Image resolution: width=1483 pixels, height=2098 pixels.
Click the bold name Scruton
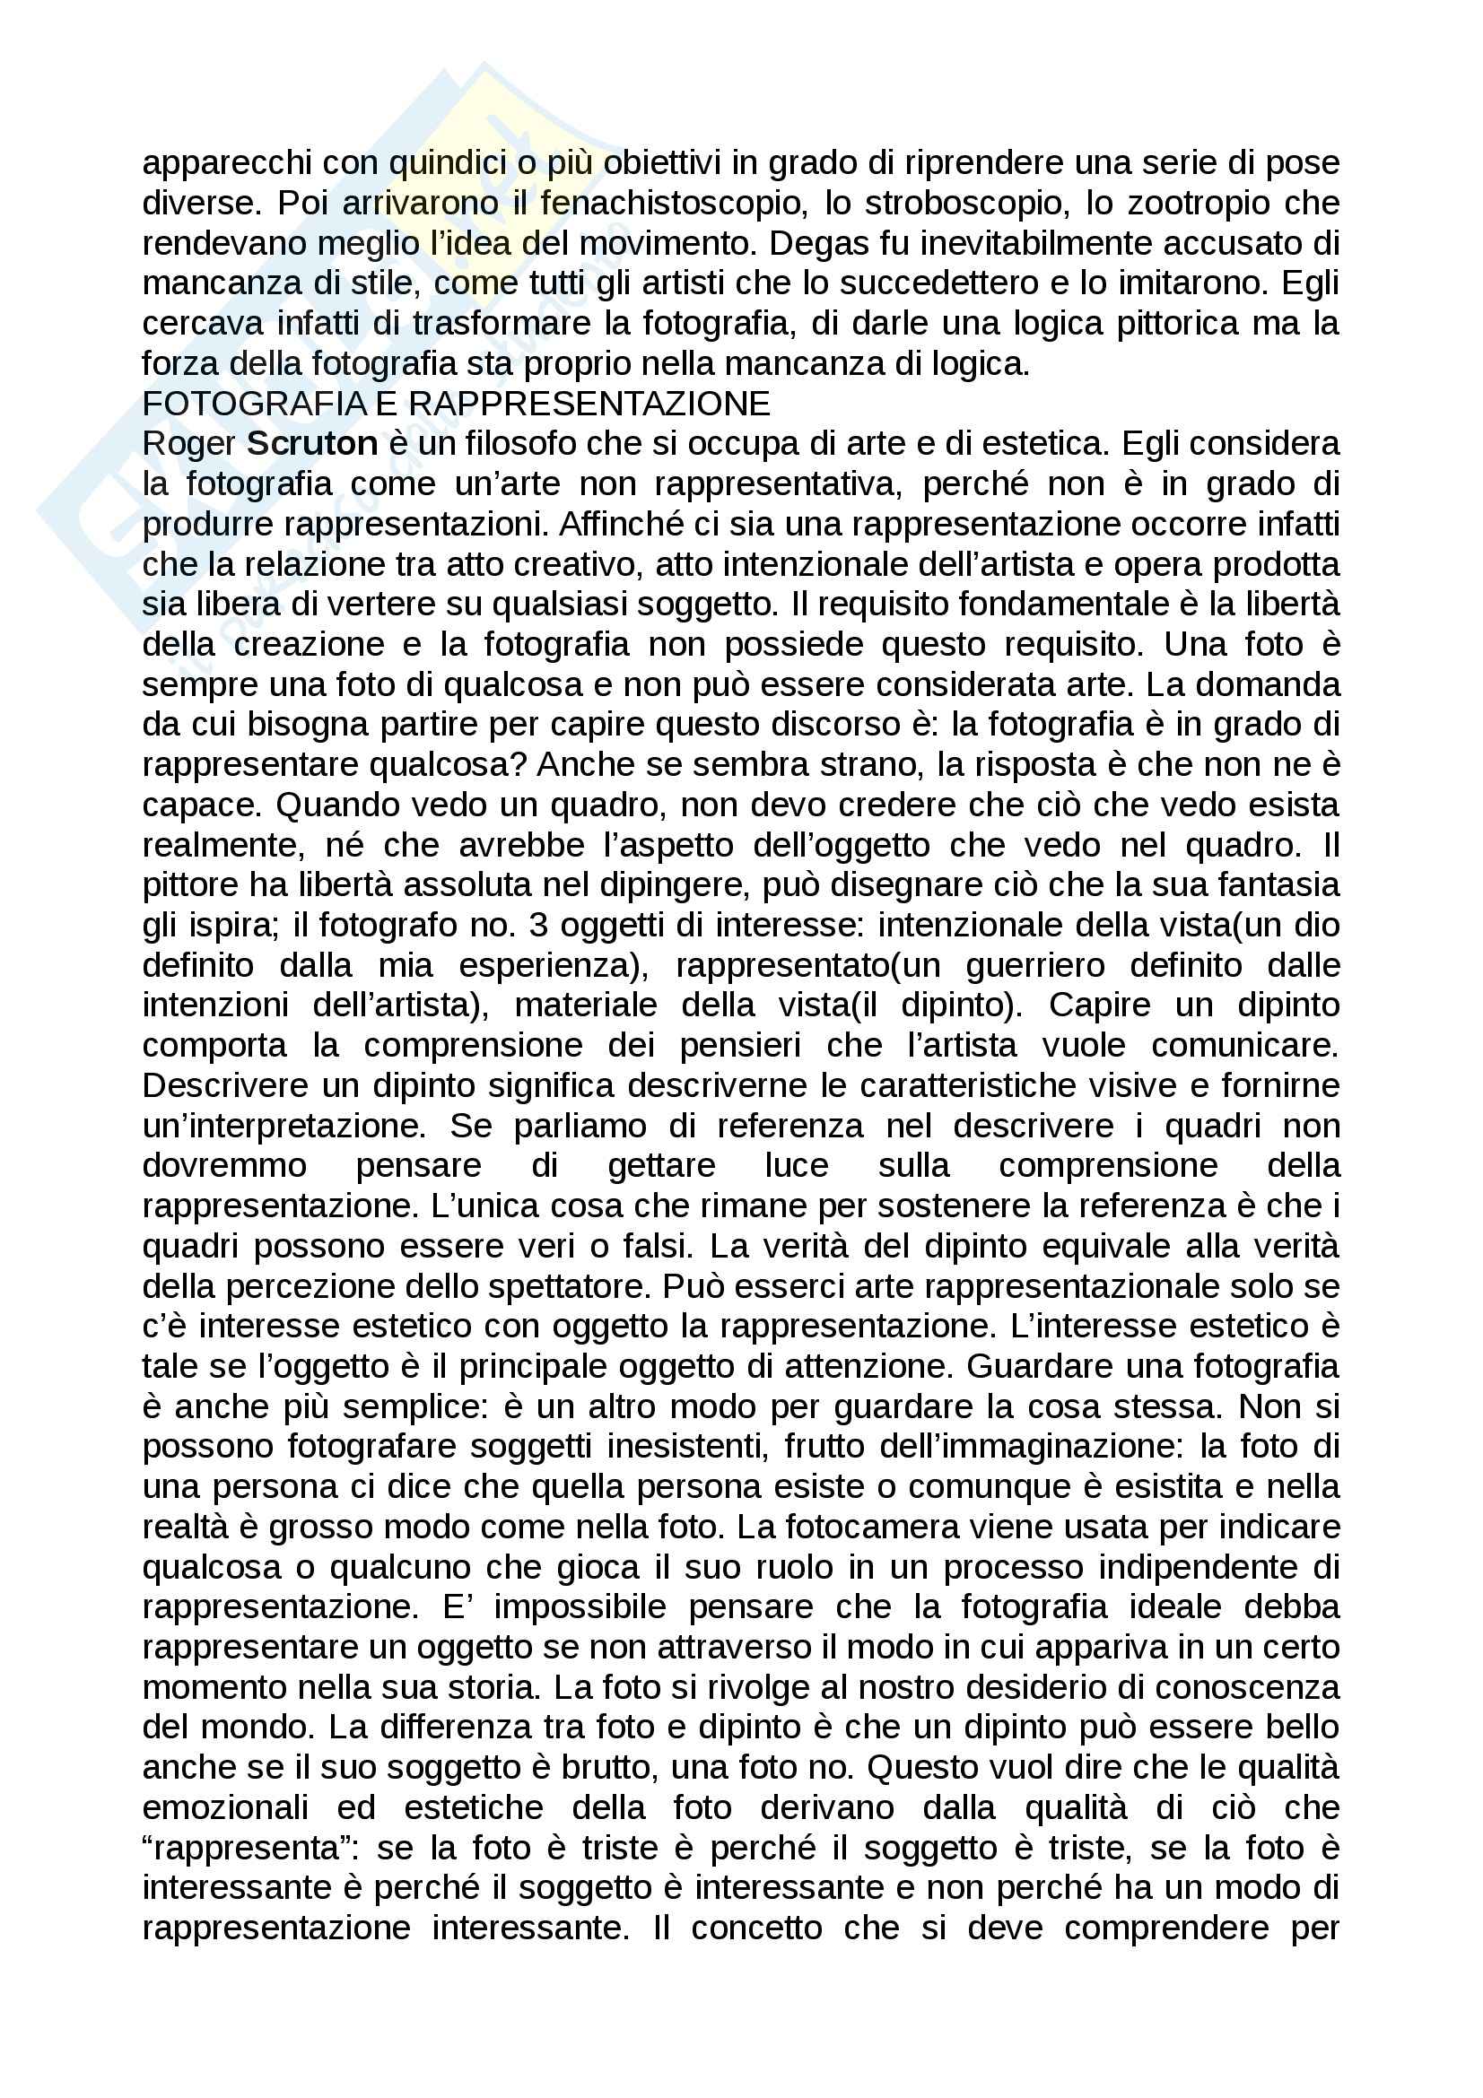312,443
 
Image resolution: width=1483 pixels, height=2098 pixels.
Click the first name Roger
189,443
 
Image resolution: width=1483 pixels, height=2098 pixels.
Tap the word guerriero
1034,965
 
